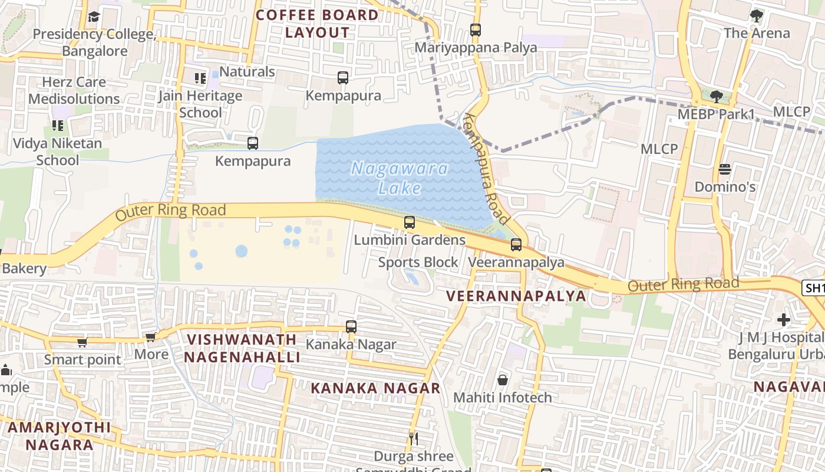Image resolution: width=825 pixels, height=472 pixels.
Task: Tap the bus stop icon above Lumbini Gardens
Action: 410,222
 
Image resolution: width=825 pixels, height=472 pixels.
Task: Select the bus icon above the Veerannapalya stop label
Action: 516,244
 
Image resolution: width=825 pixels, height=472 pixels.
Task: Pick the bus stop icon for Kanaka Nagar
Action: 351,326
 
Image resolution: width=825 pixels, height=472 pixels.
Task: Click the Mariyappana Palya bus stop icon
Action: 476,29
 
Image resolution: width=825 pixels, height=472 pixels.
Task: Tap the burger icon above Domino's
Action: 725,169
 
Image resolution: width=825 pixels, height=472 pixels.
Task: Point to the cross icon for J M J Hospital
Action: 783,320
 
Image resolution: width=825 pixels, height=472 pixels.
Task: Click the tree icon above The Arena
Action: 757,15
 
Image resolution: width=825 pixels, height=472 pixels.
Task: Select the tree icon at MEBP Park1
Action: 716,96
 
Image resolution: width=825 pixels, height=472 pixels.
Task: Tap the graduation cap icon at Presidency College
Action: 94,17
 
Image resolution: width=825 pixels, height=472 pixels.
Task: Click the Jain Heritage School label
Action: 200,104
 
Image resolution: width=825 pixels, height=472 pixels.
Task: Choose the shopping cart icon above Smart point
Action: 82,342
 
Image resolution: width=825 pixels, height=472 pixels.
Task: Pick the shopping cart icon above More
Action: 151,337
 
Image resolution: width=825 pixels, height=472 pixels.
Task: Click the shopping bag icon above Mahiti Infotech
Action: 503,379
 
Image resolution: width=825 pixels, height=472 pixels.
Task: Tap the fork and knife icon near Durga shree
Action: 414,438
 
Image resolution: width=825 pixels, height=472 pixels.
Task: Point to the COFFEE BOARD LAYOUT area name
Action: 318,24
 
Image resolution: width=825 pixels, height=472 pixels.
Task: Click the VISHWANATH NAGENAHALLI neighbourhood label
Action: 242,348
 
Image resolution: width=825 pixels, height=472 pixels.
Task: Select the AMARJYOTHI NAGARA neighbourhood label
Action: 59,435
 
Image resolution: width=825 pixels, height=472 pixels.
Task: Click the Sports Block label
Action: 418,262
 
